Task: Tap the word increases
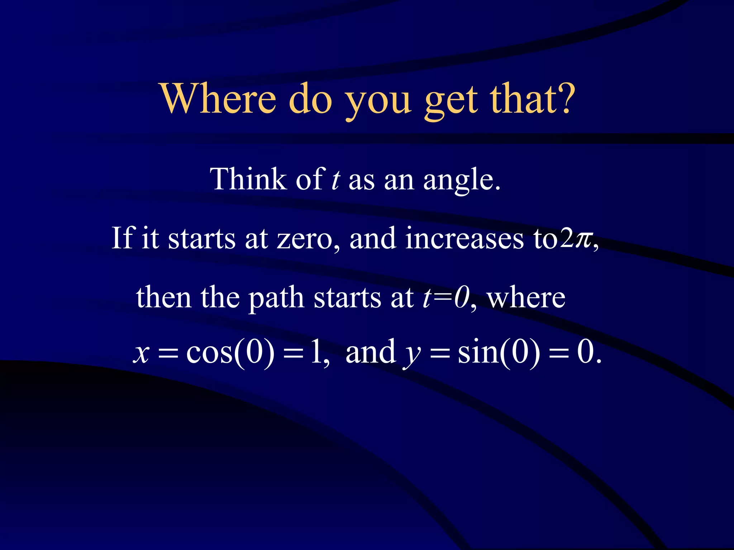[464, 238]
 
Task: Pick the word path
[276, 298]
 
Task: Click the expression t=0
[445, 297]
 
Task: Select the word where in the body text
[526, 298]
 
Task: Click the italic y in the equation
[411, 354]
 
